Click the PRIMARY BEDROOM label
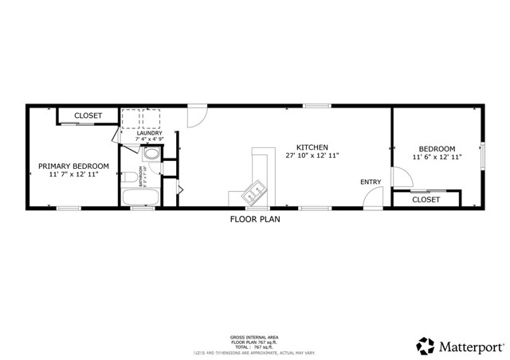tap(74, 166)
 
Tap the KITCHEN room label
tap(312, 147)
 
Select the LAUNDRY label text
tap(149, 133)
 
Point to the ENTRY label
tap(371, 182)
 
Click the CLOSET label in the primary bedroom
tap(88, 116)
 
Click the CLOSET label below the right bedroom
tap(426, 199)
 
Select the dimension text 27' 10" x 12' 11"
tap(312, 156)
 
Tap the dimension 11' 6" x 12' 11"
tap(437, 158)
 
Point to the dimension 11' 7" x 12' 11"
tap(74, 174)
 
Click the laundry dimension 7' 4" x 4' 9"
tap(149, 140)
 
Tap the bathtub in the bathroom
tap(141, 198)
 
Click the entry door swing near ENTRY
tap(372, 199)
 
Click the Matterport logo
tap(460, 345)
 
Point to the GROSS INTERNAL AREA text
tap(254, 337)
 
